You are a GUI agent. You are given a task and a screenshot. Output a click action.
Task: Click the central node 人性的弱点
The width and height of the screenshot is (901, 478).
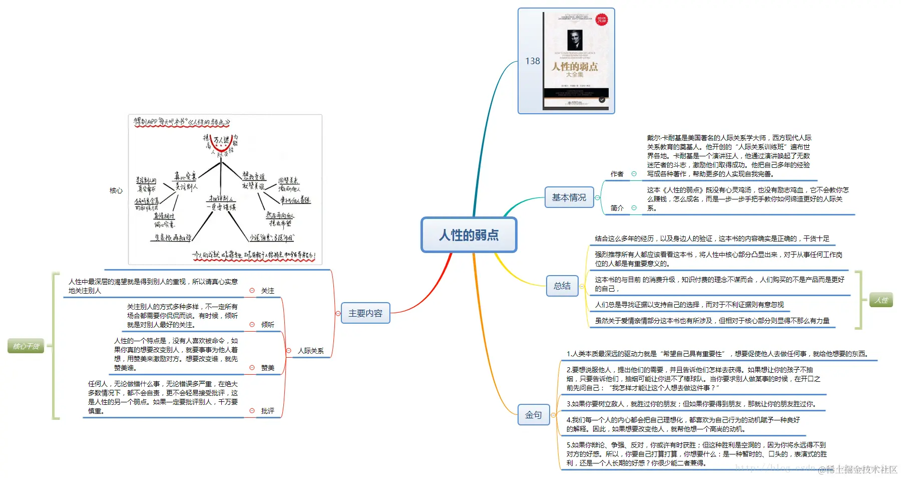469,234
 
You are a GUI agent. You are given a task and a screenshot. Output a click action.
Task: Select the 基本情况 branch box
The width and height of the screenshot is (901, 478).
569,197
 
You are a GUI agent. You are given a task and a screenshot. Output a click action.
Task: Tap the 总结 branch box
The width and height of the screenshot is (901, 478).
562,286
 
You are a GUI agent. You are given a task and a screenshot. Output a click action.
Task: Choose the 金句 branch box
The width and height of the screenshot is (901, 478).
533,415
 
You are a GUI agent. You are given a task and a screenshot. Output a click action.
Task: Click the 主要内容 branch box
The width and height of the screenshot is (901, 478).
365,313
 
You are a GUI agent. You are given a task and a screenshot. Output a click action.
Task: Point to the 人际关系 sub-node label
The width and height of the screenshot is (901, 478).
310,351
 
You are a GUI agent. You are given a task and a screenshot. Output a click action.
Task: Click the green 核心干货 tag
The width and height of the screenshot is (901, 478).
26,346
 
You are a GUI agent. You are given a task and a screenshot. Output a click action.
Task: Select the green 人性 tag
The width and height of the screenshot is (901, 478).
881,300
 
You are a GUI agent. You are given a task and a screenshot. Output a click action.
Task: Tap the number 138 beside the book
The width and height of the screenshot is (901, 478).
532,61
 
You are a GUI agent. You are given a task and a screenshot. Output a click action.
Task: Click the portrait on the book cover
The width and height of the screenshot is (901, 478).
575,40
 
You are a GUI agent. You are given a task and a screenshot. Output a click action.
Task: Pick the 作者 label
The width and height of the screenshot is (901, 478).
617,174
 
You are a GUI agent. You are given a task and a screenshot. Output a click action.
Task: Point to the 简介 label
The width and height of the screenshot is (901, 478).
617,208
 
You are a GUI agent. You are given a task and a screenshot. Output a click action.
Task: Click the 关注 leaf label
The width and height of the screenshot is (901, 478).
268,291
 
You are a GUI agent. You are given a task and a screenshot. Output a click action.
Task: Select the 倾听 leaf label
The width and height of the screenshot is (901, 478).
268,325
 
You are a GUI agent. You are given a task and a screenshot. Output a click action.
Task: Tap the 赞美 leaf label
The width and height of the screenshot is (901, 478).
268,368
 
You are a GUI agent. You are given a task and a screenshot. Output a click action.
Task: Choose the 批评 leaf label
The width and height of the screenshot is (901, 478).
268,411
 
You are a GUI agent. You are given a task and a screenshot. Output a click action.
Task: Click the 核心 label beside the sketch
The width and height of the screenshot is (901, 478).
116,190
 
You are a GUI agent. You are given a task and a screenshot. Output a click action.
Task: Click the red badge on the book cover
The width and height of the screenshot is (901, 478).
601,20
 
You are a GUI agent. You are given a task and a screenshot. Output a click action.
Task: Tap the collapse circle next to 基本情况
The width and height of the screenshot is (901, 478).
597,198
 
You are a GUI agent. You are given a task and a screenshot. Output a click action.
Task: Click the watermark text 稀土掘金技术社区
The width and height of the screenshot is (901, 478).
861,469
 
